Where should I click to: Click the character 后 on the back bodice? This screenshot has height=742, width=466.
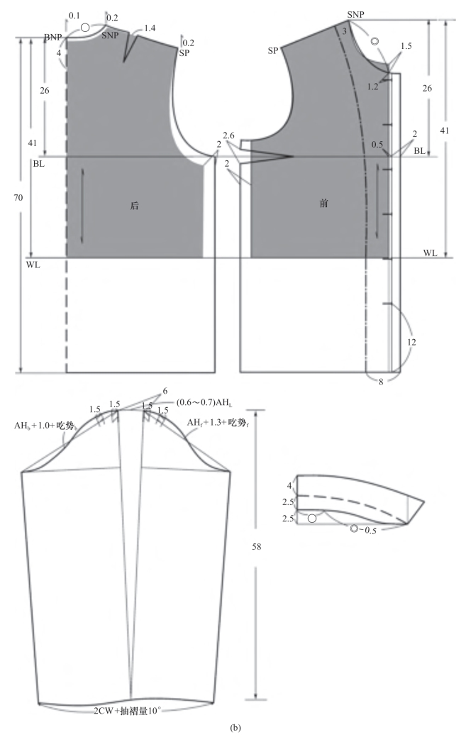(134, 206)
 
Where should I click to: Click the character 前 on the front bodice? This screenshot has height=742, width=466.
(323, 204)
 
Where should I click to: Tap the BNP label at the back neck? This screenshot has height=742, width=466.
(53, 38)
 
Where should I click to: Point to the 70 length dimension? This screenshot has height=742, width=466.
(18, 198)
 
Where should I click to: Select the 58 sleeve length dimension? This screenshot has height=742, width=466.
(257, 546)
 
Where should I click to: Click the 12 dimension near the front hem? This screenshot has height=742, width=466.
(411, 342)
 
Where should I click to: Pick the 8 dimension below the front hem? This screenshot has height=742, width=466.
(381, 382)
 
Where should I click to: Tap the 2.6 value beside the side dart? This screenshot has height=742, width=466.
(229, 136)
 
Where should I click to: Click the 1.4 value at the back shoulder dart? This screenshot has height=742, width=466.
(150, 29)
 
